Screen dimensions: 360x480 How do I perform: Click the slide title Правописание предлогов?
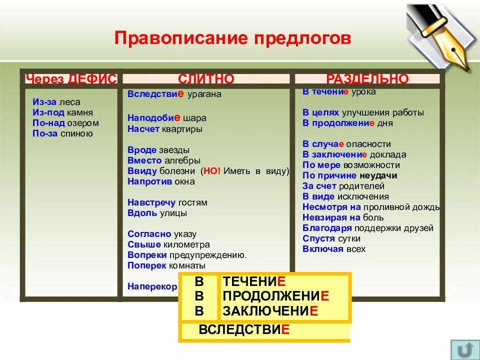232,38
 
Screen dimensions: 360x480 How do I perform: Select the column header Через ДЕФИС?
71,78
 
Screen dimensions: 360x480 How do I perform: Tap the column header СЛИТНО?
206,78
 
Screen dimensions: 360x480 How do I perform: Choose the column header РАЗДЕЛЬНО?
367,78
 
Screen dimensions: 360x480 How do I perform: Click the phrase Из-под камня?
62,112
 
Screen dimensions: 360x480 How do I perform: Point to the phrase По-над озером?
65,123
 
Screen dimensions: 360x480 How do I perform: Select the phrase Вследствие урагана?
174,93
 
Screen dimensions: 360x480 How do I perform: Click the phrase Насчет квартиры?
164,129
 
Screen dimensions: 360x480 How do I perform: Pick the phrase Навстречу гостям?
167,202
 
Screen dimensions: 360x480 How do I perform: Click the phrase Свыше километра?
168,244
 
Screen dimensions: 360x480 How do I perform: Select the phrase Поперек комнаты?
166,265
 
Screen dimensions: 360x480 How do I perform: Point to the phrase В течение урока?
339,92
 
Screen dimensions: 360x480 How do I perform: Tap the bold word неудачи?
378,175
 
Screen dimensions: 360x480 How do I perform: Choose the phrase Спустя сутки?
331,238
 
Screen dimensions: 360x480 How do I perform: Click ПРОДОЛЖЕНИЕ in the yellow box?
276,296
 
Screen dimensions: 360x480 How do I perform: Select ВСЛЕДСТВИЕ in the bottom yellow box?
244,330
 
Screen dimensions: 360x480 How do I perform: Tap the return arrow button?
464,348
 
